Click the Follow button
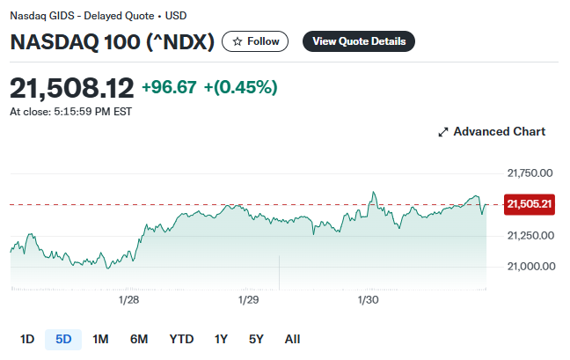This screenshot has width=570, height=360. point(255,41)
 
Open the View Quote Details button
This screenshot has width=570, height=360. point(358,41)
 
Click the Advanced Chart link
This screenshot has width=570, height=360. point(492,131)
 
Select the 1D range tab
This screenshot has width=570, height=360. point(27,339)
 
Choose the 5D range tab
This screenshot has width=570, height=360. point(63,339)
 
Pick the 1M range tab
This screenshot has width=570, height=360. point(100,339)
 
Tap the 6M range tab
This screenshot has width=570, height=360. point(139,339)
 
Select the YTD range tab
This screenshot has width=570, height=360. point(181,339)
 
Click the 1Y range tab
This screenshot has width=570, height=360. point(221,339)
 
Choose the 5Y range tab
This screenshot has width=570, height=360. point(256,339)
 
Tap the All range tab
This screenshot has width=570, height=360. point(292,339)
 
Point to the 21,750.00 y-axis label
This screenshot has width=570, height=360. point(530,173)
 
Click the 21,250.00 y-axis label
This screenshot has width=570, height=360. point(530,235)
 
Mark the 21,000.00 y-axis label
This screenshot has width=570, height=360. point(530,266)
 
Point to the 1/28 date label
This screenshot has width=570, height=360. point(128,300)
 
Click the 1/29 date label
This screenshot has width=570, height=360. point(249,300)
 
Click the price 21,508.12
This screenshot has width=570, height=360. point(72,87)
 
